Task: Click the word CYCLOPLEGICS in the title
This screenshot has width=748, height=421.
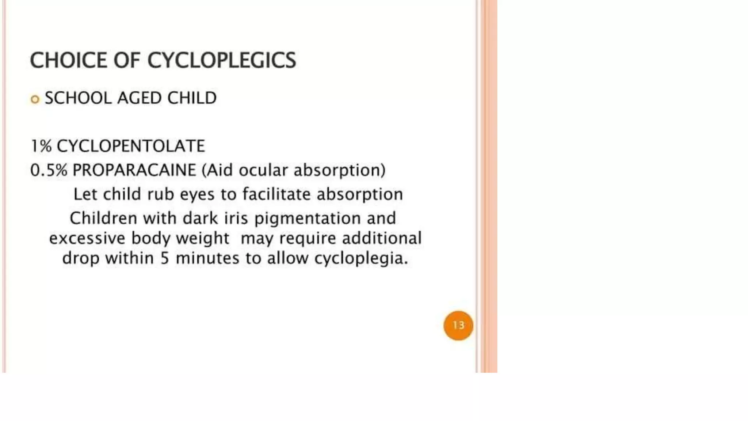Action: (x=221, y=60)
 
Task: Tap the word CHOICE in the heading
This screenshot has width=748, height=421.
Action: (x=68, y=60)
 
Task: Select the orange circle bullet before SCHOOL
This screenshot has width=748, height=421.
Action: (x=35, y=99)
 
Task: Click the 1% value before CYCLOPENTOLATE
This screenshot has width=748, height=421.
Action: (x=41, y=146)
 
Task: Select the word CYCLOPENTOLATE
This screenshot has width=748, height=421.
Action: (x=131, y=146)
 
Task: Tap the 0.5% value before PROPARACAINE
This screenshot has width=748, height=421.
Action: (x=49, y=170)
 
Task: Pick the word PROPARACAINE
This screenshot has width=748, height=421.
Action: (x=134, y=170)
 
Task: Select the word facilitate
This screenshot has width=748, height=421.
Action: (x=276, y=194)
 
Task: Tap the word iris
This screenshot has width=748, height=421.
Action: (x=236, y=218)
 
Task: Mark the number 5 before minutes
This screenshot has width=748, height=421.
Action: (x=165, y=258)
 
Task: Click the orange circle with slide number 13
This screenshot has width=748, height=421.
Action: (x=458, y=325)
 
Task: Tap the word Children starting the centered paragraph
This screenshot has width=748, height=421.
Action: (x=103, y=218)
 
